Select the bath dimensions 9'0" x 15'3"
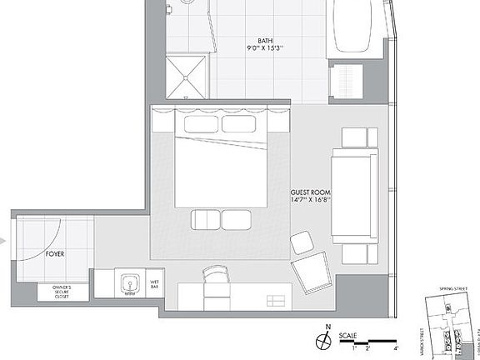point(265,48)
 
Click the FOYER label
point(56,252)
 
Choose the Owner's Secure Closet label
point(57,292)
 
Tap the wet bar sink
point(130,284)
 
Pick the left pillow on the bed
point(200,124)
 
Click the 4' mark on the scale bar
point(397,348)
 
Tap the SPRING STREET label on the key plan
point(447,292)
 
